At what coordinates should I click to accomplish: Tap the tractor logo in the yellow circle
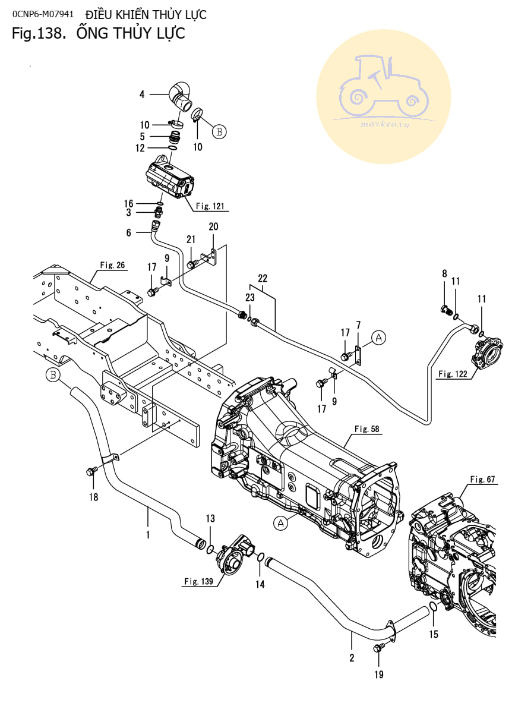[383, 87]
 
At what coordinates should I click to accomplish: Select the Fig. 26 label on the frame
[112, 265]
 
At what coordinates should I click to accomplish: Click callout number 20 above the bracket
[213, 226]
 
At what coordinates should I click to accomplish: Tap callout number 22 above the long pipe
[263, 278]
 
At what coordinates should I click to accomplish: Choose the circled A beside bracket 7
[380, 338]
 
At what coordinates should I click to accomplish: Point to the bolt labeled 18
[91, 471]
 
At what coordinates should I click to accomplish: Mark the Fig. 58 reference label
[366, 428]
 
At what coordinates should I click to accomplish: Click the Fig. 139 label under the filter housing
[198, 581]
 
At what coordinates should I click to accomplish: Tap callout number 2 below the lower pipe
[352, 657]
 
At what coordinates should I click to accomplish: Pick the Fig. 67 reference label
[482, 479]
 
